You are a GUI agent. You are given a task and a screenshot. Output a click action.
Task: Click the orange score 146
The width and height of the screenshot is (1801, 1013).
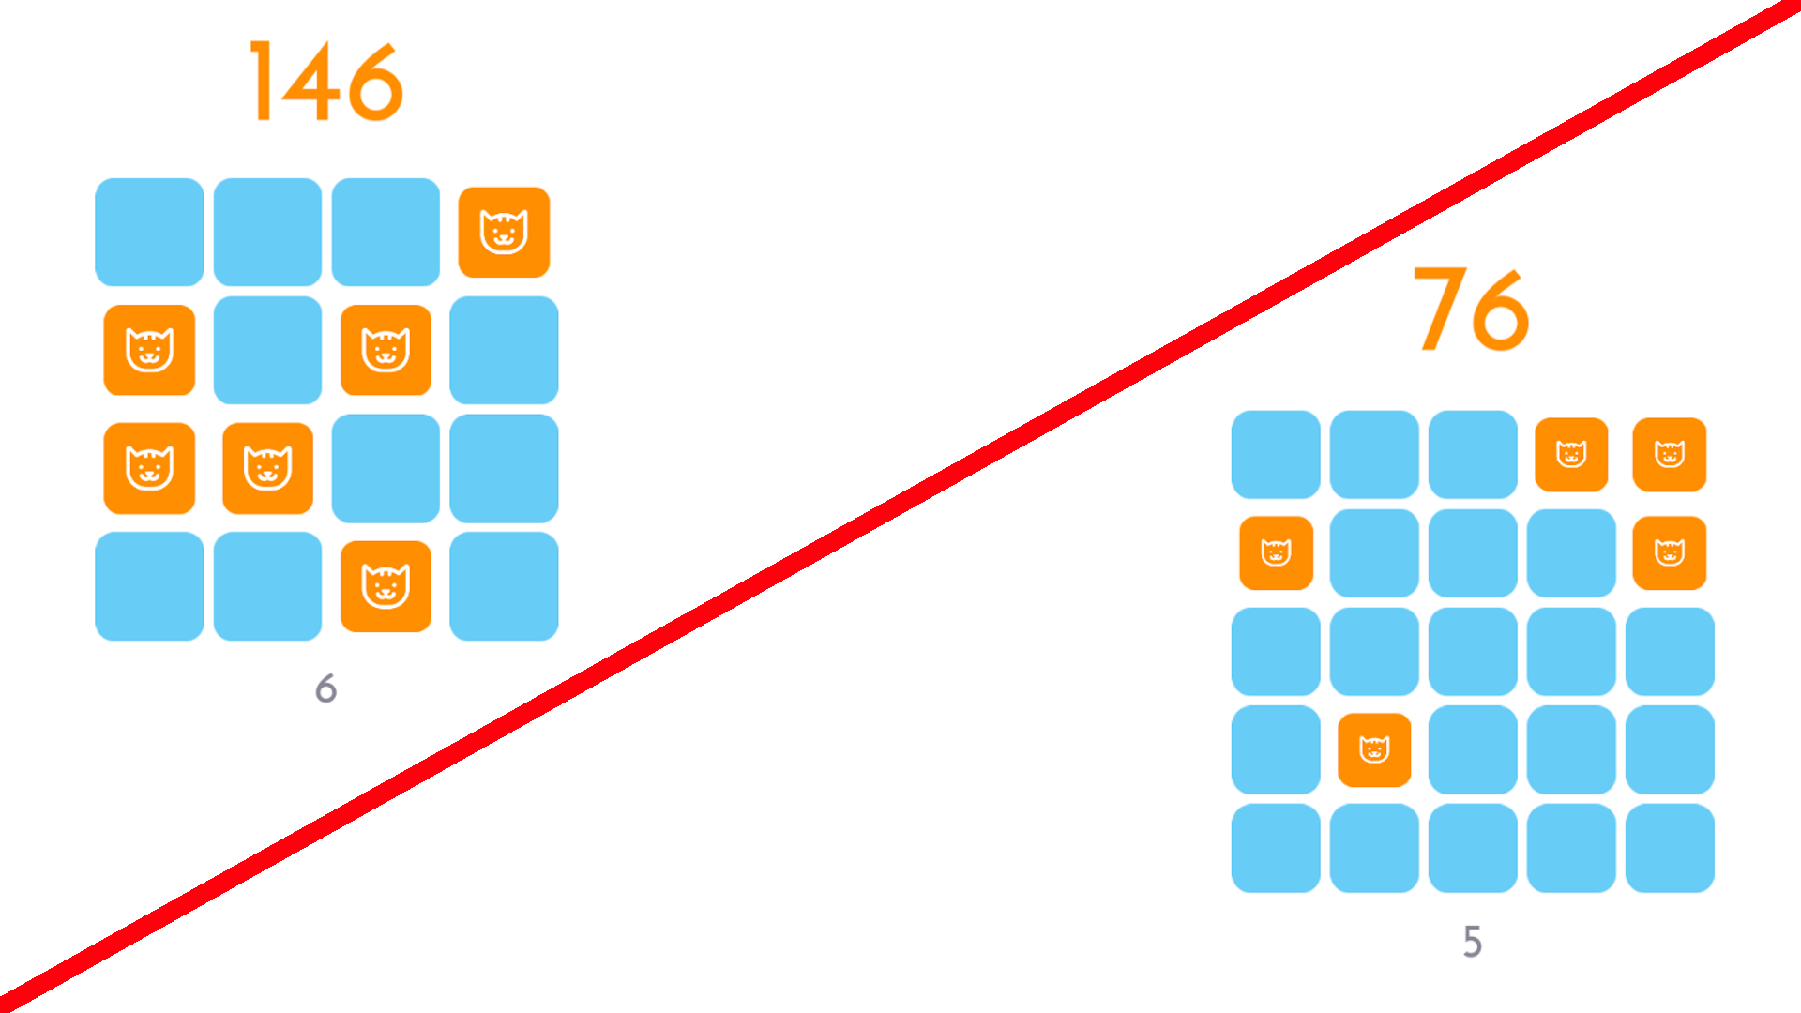click(326, 82)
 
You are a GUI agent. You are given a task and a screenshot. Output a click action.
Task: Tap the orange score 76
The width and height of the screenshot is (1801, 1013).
click(1471, 309)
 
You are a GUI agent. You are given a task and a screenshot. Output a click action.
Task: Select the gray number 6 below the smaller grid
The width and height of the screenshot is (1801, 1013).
click(325, 688)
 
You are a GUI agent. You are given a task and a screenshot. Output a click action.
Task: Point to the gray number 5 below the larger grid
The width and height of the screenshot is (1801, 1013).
click(1473, 942)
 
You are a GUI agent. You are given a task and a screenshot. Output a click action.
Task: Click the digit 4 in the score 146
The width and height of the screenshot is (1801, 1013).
click(310, 82)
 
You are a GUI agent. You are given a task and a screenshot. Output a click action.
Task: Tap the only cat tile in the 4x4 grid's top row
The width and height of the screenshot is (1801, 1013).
click(504, 232)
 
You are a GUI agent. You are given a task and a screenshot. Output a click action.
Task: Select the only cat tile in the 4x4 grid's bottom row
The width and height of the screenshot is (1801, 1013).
click(386, 586)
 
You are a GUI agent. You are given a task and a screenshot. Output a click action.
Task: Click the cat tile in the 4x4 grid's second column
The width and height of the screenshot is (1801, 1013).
click(267, 468)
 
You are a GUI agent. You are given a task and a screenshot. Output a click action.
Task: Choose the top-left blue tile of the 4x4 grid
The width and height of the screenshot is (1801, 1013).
click(149, 232)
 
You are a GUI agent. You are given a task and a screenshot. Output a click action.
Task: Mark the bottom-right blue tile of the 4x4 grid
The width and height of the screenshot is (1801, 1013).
click(504, 586)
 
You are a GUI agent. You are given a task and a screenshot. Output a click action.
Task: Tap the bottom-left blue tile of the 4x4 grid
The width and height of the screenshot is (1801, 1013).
click(149, 586)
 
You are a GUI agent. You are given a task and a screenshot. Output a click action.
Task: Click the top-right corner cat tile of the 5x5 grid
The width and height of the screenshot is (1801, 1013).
click(1670, 455)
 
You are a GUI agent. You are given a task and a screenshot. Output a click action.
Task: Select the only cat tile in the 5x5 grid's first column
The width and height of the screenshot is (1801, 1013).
click(1276, 553)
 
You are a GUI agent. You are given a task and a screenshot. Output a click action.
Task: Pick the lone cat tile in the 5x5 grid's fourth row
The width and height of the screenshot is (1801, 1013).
click(1374, 750)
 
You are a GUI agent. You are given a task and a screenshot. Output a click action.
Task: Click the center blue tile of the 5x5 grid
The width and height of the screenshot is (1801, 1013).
click(1473, 652)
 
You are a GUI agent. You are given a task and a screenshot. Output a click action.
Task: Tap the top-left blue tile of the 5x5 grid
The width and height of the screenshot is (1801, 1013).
click(1276, 455)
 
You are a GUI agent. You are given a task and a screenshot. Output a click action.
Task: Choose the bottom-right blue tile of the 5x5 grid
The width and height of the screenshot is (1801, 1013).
click(1670, 849)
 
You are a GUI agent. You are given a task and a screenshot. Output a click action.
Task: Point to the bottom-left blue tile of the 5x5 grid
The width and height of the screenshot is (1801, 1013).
click(1276, 849)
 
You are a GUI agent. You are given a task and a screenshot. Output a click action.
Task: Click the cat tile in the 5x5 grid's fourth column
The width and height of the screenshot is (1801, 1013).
click(1571, 455)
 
